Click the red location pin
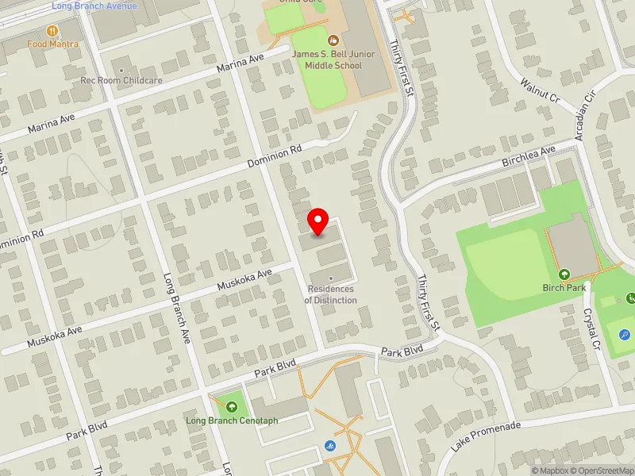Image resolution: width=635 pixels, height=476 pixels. (318, 221)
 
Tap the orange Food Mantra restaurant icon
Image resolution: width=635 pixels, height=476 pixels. (52, 31)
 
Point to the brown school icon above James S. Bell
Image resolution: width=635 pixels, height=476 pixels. (333, 39)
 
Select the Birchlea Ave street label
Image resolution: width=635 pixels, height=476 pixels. (529, 156)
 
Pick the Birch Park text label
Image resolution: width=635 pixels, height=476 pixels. (564, 288)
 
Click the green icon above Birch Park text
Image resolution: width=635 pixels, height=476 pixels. (564, 274)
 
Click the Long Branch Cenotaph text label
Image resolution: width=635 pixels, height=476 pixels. (232, 420)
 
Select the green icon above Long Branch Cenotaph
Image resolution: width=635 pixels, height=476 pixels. (232, 406)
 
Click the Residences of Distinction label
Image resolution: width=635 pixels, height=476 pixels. (331, 295)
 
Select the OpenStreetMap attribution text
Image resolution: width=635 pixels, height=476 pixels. (606, 470)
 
